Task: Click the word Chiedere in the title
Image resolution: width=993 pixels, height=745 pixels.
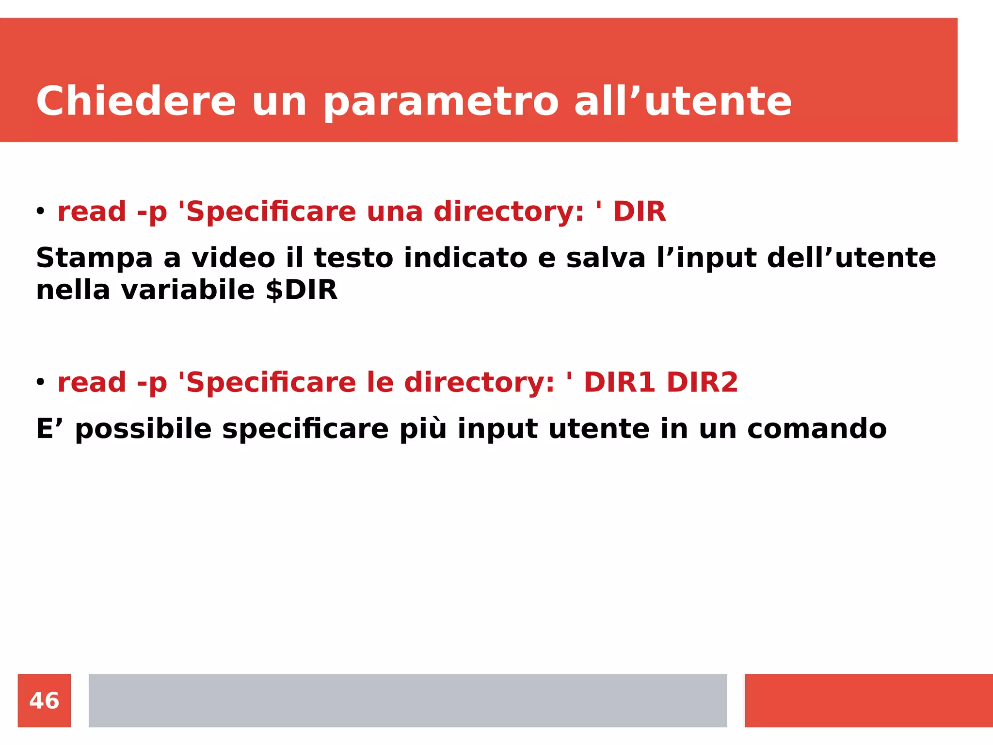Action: [x=136, y=101]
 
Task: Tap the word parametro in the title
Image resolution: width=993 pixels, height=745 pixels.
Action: [x=441, y=102]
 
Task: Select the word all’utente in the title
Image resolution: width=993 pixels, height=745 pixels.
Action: [x=683, y=101]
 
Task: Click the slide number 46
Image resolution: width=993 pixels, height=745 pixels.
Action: [x=44, y=701]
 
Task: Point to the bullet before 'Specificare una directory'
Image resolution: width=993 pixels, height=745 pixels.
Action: [x=40, y=211]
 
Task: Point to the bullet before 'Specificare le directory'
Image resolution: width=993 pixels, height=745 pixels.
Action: [x=40, y=382]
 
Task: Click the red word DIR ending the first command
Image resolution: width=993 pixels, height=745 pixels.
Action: [x=640, y=211]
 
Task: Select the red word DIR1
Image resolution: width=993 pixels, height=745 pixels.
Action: [x=619, y=382]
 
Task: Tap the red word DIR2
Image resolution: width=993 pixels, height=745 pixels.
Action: [x=702, y=382]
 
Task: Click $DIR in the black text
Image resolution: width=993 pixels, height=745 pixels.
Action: [x=301, y=290]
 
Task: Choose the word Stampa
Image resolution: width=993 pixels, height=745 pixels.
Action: [x=94, y=258]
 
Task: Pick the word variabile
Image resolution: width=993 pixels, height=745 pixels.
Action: [x=188, y=290]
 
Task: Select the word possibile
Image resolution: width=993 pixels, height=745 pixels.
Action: [x=144, y=429]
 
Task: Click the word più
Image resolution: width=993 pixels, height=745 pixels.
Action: [x=422, y=429]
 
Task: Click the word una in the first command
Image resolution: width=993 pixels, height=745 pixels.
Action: [x=394, y=211]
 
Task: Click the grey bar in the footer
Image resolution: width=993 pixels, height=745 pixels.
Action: [x=407, y=700]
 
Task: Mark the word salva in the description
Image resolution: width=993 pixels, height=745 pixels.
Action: [x=606, y=258]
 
